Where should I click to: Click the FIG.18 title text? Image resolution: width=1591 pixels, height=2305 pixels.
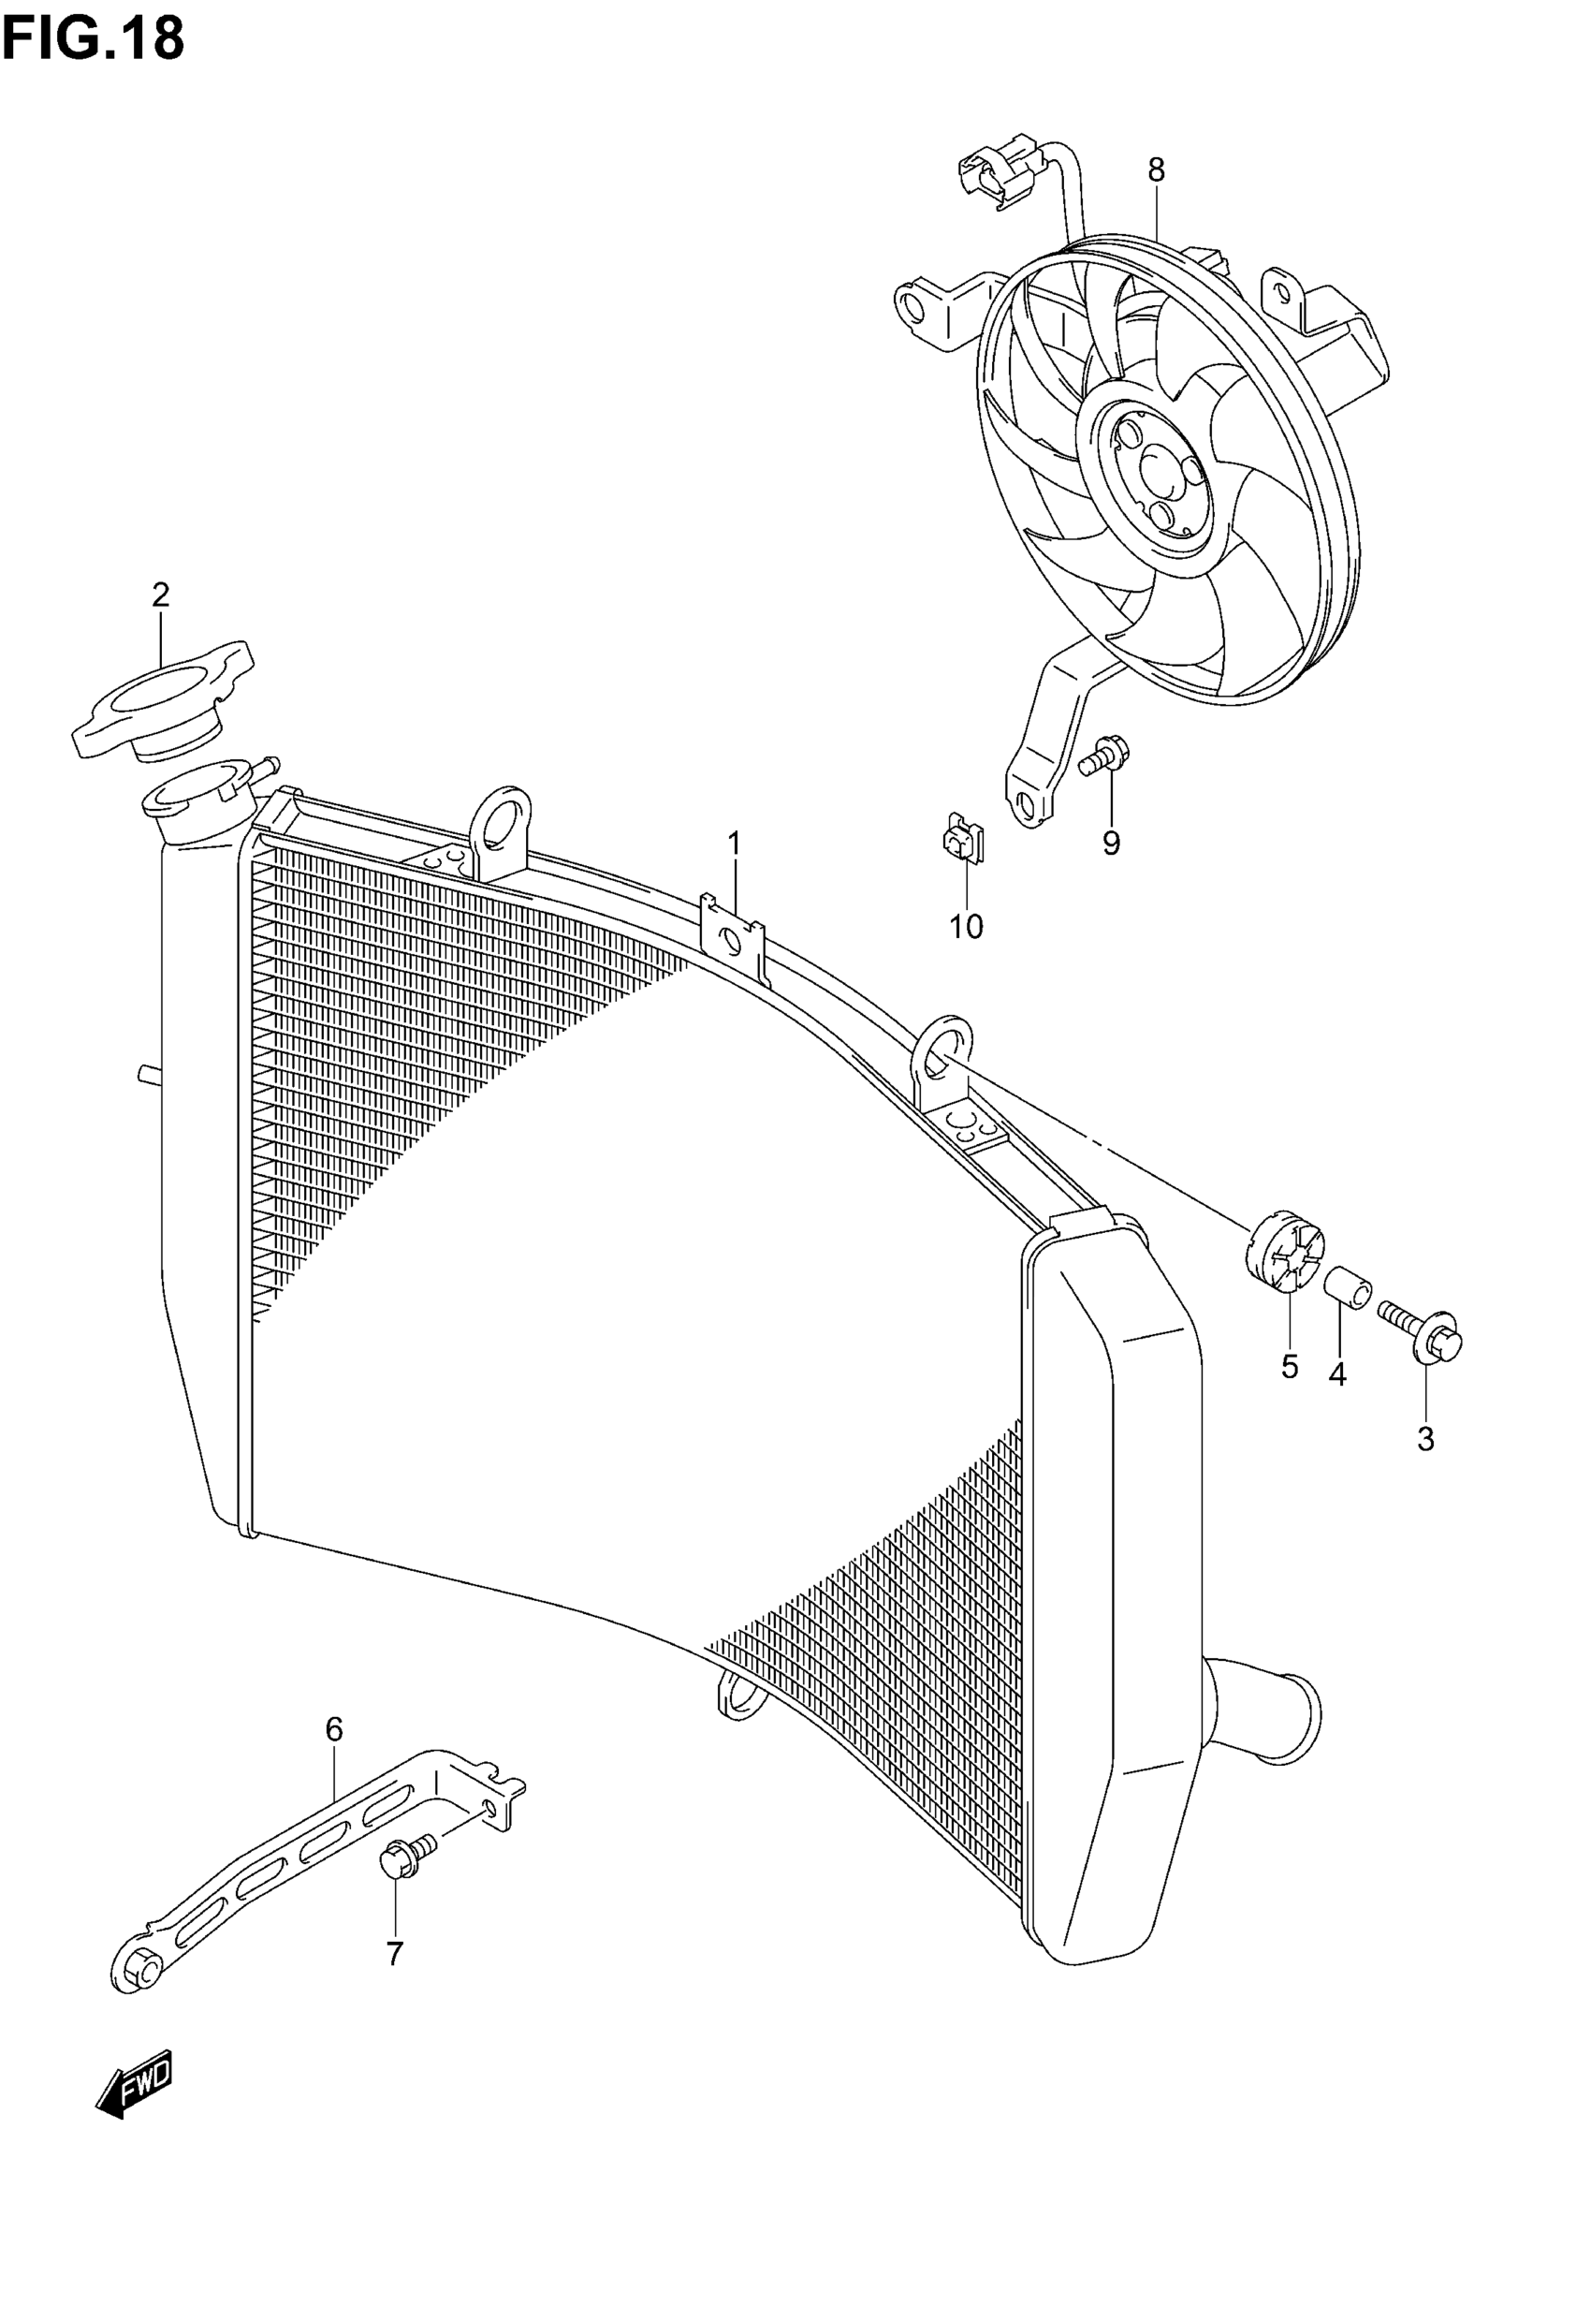(x=94, y=39)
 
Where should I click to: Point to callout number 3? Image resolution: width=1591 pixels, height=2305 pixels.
(x=1425, y=1439)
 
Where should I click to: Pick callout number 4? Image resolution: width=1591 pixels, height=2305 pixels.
(x=1337, y=1374)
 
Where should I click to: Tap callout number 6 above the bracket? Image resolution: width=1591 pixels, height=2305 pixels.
(x=334, y=1728)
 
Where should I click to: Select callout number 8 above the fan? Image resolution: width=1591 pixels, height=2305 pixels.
(x=1156, y=170)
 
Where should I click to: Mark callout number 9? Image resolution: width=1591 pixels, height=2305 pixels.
(x=1112, y=844)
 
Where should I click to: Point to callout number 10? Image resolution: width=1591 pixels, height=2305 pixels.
(x=966, y=927)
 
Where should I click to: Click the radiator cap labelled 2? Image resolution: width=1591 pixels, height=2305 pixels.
(x=163, y=702)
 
